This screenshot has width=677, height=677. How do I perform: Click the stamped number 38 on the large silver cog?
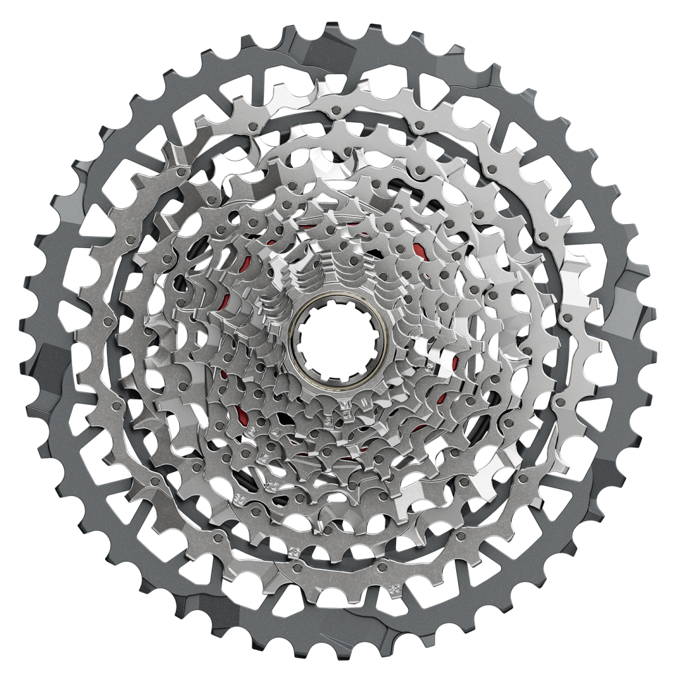tap(395, 588)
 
